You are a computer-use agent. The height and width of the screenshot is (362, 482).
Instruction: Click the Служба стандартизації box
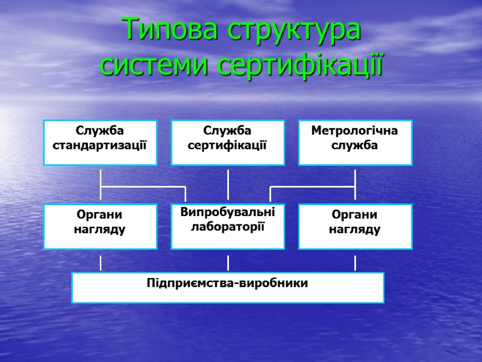click(x=100, y=142)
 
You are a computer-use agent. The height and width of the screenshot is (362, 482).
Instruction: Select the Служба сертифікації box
click(x=228, y=142)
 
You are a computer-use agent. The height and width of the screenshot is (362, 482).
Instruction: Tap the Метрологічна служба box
click(x=355, y=142)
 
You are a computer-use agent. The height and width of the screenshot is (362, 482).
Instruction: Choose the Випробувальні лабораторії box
click(x=228, y=226)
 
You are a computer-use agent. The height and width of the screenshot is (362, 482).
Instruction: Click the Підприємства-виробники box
click(x=228, y=287)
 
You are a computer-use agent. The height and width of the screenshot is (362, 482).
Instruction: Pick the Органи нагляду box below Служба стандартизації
click(x=100, y=226)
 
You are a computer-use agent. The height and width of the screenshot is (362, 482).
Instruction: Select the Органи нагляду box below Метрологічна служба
click(x=355, y=226)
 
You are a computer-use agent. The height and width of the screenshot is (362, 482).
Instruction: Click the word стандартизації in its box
click(x=100, y=145)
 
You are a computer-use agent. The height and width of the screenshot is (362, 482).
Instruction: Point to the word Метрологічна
click(x=355, y=131)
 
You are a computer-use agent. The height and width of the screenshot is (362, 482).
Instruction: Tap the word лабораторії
click(x=228, y=226)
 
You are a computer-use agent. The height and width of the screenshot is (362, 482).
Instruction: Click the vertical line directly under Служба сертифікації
click(x=228, y=184)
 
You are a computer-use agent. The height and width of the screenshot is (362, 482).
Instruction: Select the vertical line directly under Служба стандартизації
click(x=101, y=179)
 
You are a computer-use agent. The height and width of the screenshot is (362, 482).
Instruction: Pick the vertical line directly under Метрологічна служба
click(x=355, y=179)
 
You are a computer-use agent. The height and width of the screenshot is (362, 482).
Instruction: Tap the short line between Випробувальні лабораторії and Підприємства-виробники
click(x=228, y=263)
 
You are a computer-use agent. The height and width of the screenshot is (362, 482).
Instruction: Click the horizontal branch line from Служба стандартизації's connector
click(x=143, y=188)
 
